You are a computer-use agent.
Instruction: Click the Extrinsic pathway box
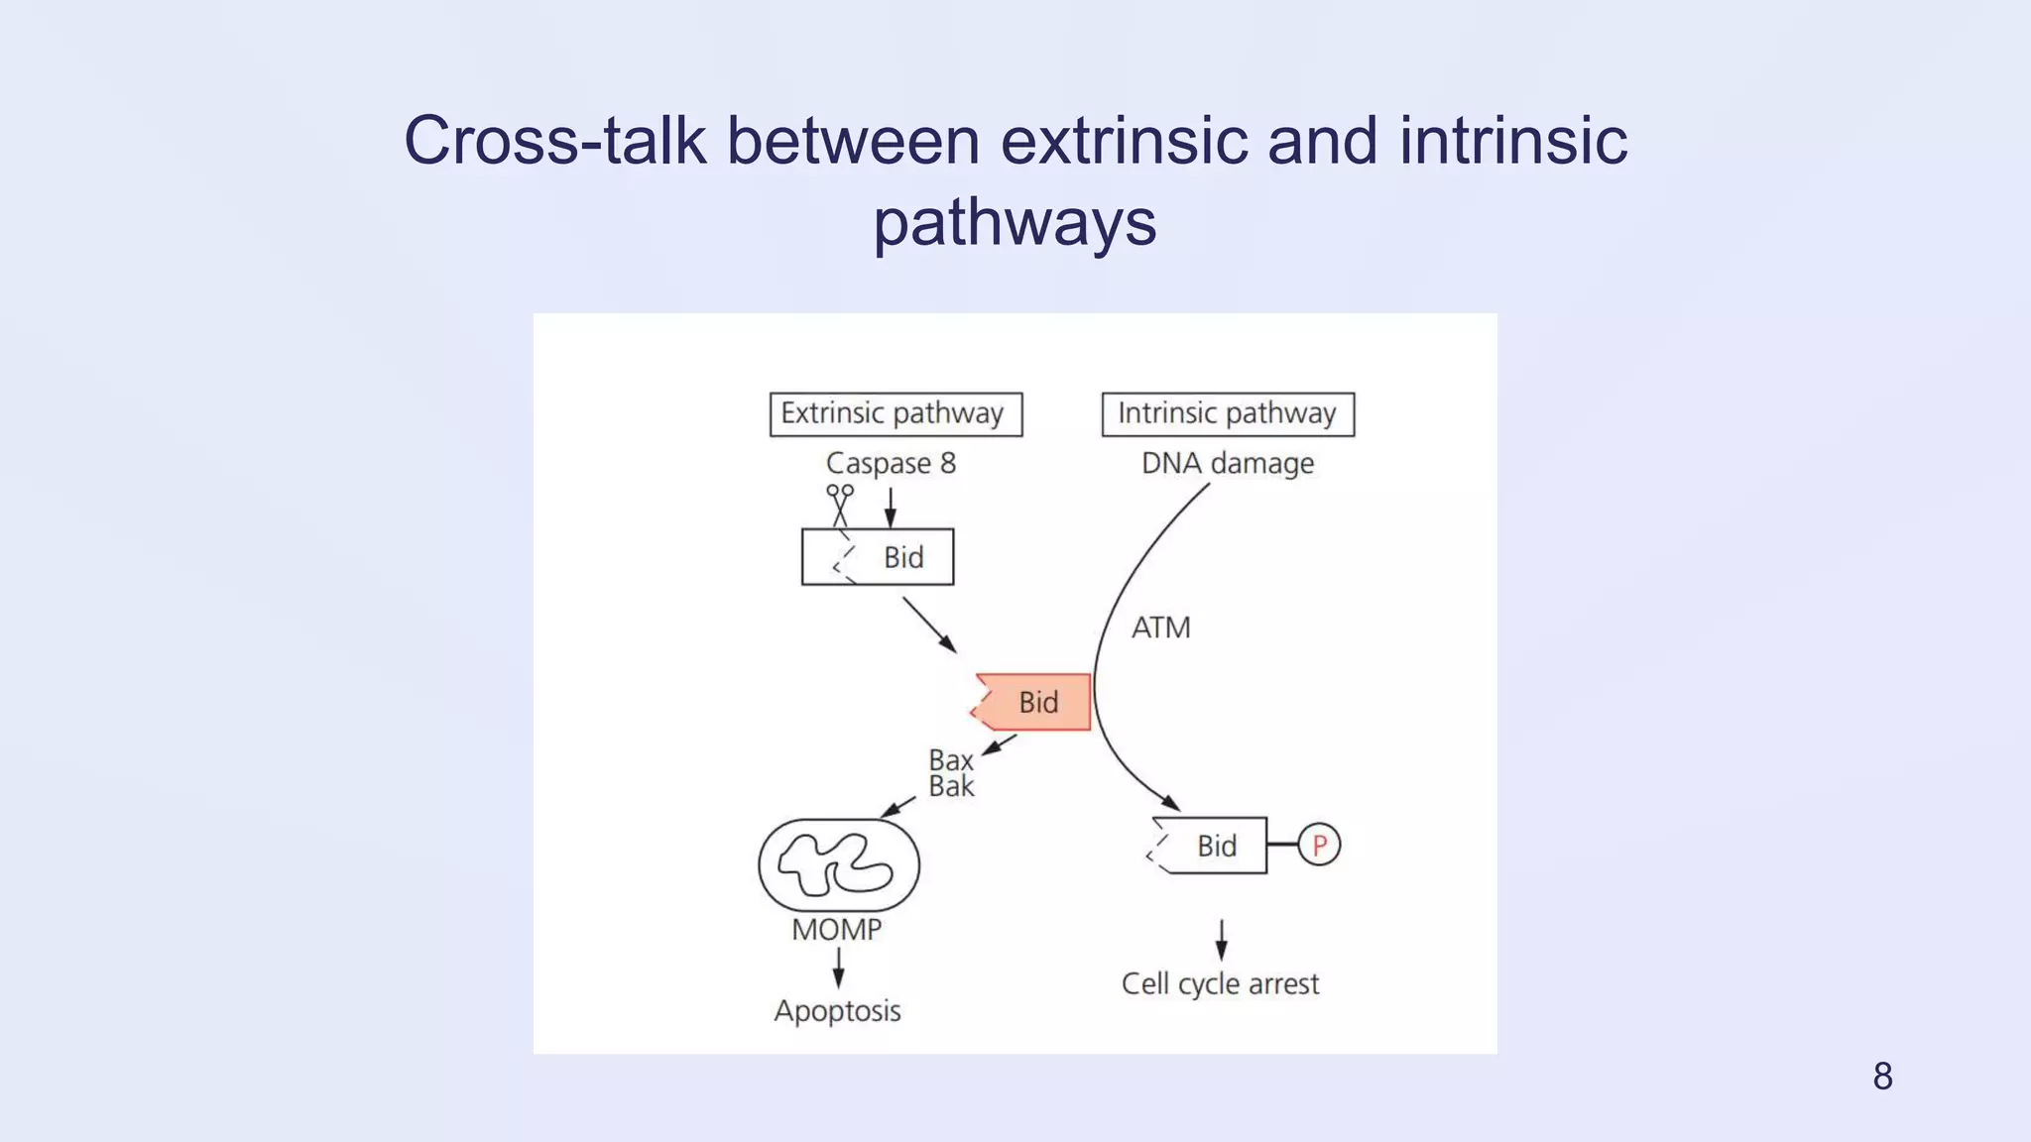click(x=896, y=414)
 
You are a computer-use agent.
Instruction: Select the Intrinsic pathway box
click(x=1228, y=414)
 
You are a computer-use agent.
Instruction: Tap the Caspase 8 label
click(x=891, y=463)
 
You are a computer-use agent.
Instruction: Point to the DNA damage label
click(x=1228, y=463)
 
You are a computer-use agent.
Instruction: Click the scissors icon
click(x=840, y=505)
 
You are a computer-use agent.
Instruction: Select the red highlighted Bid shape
click(x=1034, y=702)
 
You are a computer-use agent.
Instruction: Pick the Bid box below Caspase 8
click(x=878, y=557)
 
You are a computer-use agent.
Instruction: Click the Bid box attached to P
click(x=1210, y=846)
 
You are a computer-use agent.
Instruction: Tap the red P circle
click(x=1319, y=846)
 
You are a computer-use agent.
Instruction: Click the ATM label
click(x=1160, y=628)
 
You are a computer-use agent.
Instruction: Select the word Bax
click(x=950, y=760)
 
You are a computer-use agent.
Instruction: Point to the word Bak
click(x=951, y=787)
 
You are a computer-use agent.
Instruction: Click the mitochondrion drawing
click(x=839, y=864)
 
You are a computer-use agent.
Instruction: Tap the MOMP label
click(x=836, y=930)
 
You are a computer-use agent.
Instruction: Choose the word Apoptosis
click(x=837, y=1011)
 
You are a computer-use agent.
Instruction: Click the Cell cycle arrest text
click(x=1220, y=984)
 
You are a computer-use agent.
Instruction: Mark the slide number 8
click(x=1882, y=1077)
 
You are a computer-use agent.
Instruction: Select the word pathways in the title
click(x=1015, y=222)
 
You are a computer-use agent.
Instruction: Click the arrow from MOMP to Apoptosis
click(x=839, y=968)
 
